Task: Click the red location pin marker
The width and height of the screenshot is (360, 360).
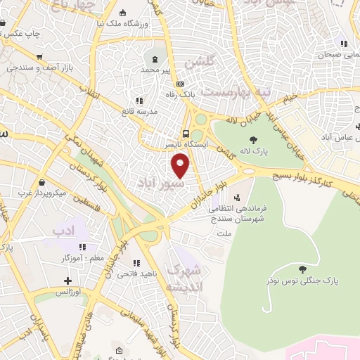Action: click(x=181, y=166)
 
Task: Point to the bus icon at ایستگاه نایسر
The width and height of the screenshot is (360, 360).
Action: click(x=186, y=133)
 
